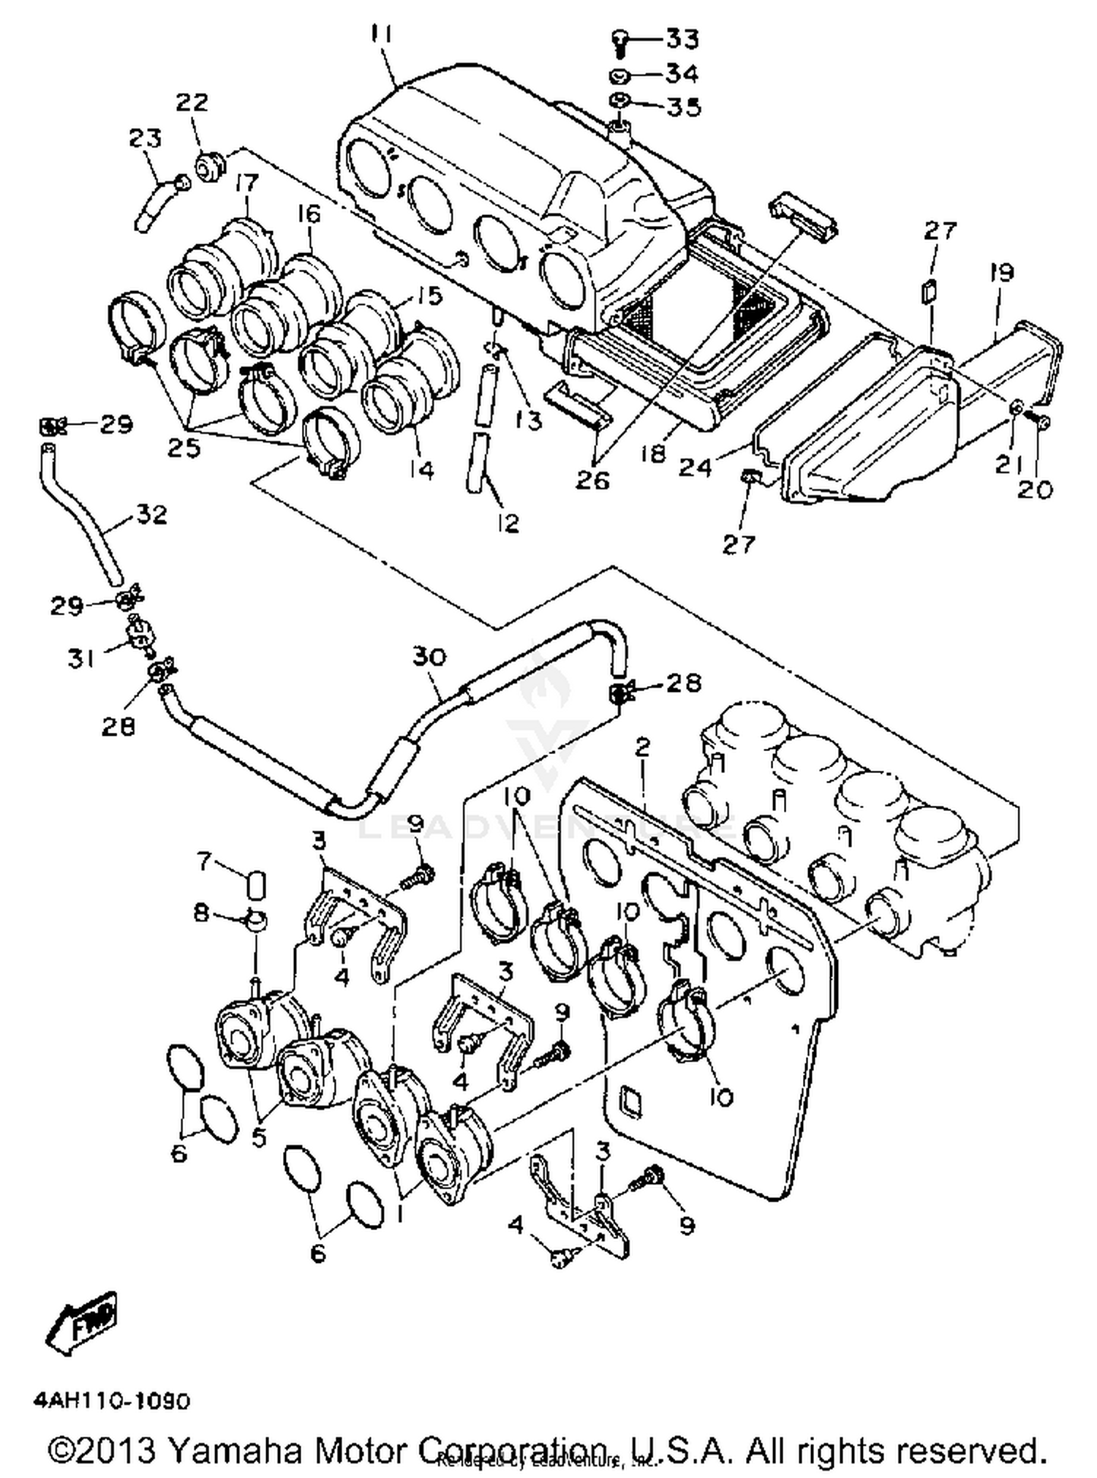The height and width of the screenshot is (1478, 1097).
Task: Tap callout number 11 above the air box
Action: (381, 34)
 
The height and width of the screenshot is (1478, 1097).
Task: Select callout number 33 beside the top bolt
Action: (682, 38)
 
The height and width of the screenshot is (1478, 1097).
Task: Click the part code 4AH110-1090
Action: (111, 1400)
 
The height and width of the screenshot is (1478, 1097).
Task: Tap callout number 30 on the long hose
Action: (429, 656)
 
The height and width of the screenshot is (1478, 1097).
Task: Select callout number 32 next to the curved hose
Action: (151, 514)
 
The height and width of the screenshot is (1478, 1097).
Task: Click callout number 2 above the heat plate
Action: (642, 747)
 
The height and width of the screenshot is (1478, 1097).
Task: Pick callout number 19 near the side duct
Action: (1002, 273)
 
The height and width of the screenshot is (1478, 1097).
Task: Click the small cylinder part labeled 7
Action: (255, 884)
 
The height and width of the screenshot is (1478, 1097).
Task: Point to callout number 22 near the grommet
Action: (192, 101)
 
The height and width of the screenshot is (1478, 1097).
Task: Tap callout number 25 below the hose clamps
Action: (184, 448)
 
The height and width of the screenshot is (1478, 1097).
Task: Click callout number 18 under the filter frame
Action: (653, 453)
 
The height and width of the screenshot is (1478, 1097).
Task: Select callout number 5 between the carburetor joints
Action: (259, 1139)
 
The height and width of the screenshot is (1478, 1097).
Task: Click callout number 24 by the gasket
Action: (695, 466)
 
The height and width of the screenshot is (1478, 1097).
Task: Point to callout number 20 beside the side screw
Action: (1035, 489)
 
